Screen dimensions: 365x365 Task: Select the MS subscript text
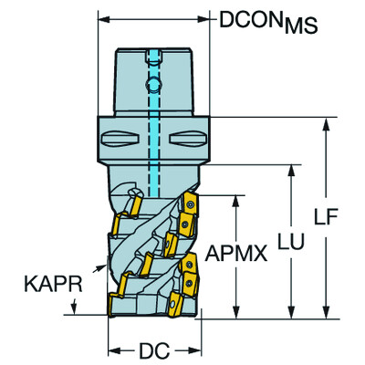click(x=299, y=27)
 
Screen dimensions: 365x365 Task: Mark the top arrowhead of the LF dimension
click(x=324, y=124)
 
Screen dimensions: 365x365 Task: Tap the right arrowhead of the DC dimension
click(x=196, y=348)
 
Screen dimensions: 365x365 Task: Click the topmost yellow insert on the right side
click(x=191, y=208)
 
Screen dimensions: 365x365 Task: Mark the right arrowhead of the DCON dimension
click(x=213, y=19)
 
